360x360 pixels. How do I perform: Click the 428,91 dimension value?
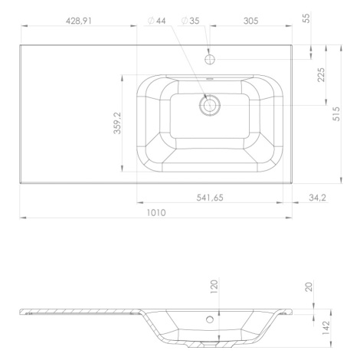click(79, 21)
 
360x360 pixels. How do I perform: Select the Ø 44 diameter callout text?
click(157, 21)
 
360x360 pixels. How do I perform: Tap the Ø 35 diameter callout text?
click(191, 21)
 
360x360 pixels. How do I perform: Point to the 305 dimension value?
click(250, 21)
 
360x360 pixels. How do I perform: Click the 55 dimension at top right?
click(306, 18)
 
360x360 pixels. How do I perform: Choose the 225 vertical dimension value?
click(321, 75)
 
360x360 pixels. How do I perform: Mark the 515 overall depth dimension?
click(336, 114)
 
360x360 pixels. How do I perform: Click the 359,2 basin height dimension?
click(117, 123)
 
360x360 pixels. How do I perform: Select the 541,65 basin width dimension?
click(210, 198)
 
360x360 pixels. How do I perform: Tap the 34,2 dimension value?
click(317, 198)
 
